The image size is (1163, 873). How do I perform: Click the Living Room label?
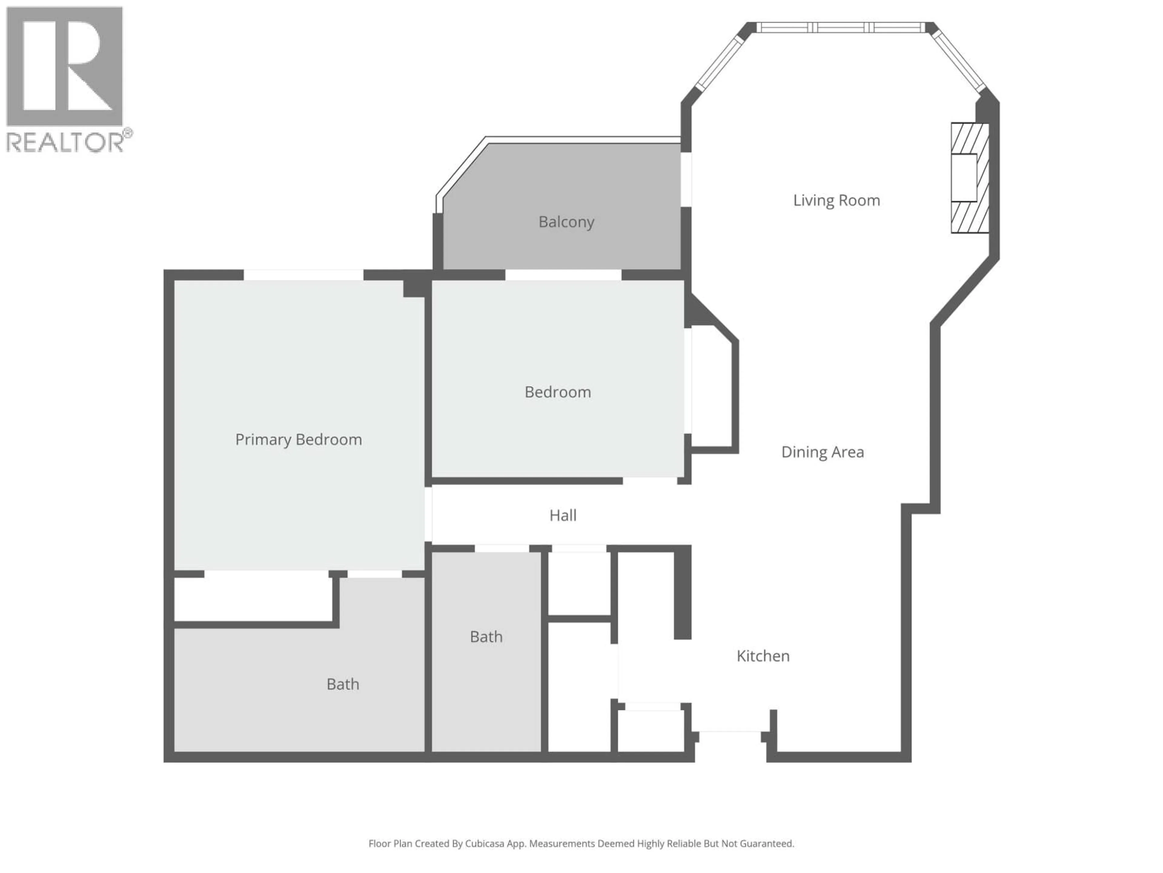point(836,200)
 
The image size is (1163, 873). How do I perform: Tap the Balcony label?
point(566,222)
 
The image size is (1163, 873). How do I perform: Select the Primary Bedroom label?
point(298,440)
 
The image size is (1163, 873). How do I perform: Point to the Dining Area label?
point(822,452)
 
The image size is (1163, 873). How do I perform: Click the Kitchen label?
point(763,656)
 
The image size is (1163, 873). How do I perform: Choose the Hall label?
point(563,515)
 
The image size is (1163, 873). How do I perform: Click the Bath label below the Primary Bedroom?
point(343,684)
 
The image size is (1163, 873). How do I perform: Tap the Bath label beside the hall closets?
point(486,637)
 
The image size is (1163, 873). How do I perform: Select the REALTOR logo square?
point(64,66)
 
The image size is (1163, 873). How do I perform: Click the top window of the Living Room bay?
point(840,27)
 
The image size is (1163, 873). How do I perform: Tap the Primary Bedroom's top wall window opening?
point(303,275)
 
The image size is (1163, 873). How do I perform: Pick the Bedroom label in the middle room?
point(557,392)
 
